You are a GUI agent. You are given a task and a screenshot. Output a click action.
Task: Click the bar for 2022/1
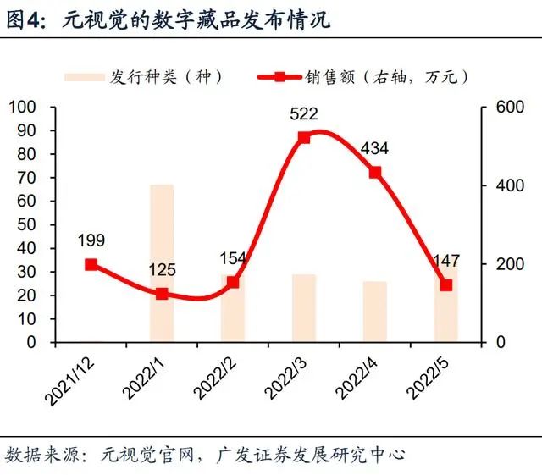pyautogui.click(x=162, y=263)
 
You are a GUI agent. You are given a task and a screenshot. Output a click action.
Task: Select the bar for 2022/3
pyautogui.click(x=304, y=308)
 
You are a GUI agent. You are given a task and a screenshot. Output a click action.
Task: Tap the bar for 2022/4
pyautogui.click(x=375, y=312)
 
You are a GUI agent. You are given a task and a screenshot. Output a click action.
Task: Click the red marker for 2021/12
pyautogui.click(x=91, y=264)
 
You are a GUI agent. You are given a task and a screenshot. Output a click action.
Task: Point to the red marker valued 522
pyautogui.click(x=304, y=137)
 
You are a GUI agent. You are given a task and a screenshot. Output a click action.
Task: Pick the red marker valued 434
pyautogui.click(x=375, y=172)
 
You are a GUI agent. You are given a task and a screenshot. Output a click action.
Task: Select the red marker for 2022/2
pyautogui.click(x=233, y=282)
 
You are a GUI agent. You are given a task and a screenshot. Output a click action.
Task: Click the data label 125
pyautogui.click(x=162, y=270)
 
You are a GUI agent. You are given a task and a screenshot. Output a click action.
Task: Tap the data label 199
pyautogui.click(x=91, y=241)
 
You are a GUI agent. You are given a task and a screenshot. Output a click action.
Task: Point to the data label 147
pyautogui.click(x=446, y=259)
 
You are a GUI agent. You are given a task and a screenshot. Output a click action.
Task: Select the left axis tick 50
pyautogui.click(x=26, y=225)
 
